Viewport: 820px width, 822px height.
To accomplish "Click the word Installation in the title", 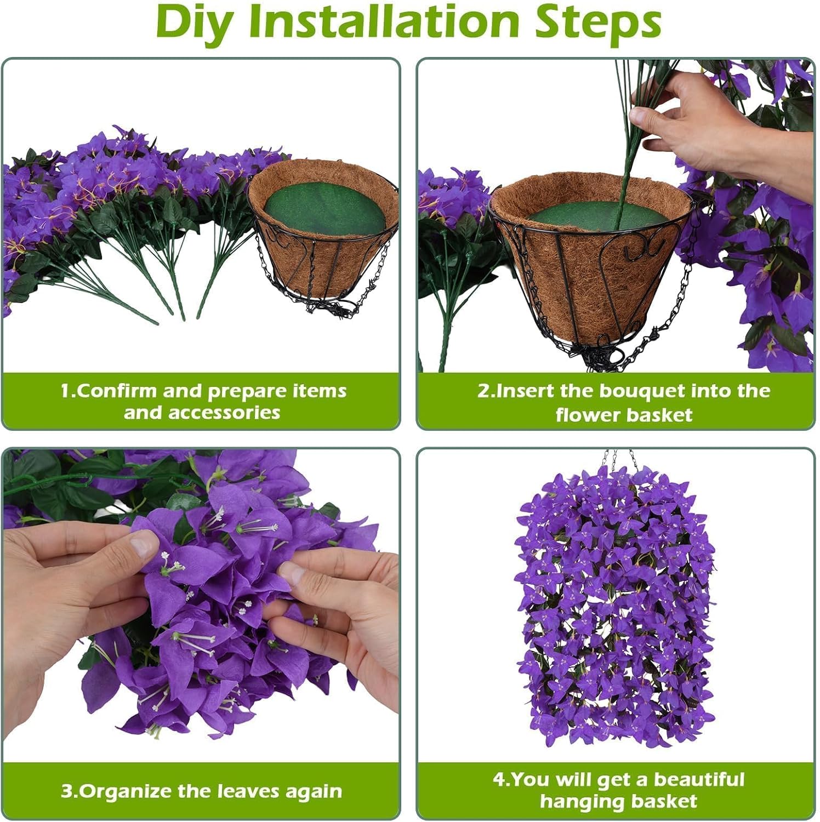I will [x=384, y=22].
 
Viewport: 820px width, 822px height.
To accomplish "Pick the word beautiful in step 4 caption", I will [x=698, y=780].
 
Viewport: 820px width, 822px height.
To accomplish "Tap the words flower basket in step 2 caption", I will [x=623, y=415].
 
